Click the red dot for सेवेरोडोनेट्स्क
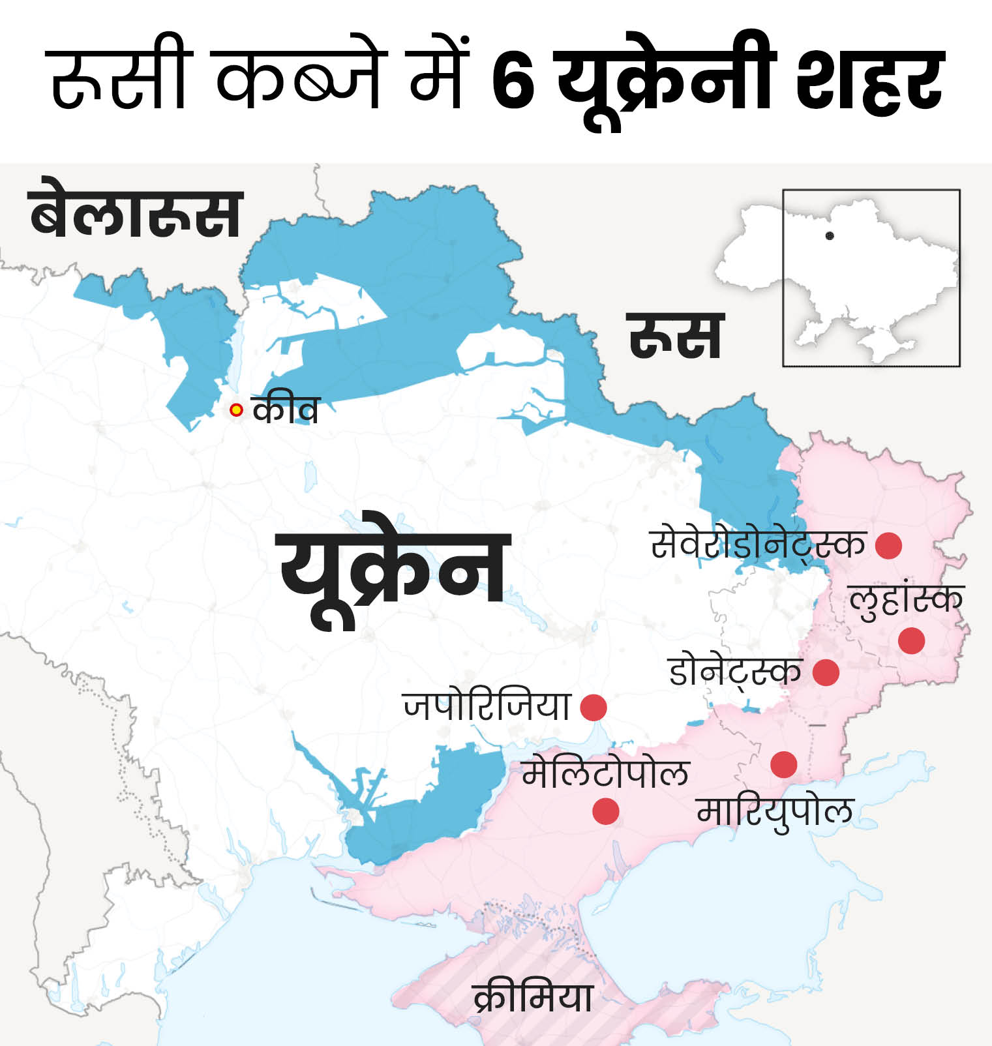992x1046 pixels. [x=888, y=545]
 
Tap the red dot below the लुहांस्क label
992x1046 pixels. [x=911, y=640]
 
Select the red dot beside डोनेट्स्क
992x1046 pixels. [x=826, y=672]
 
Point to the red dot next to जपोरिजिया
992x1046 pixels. [x=594, y=708]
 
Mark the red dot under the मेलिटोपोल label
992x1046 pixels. [x=606, y=812]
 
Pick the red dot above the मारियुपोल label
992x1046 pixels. [x=783, y=764]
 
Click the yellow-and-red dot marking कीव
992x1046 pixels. [x=236, y=410]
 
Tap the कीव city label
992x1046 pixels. [x=286, y=410]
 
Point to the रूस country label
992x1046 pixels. [x=676, y=336]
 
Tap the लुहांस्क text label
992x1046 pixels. [x=906, y=600]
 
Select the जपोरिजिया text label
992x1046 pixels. [x=487, y=706]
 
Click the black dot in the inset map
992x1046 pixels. [x=830, y=236]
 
